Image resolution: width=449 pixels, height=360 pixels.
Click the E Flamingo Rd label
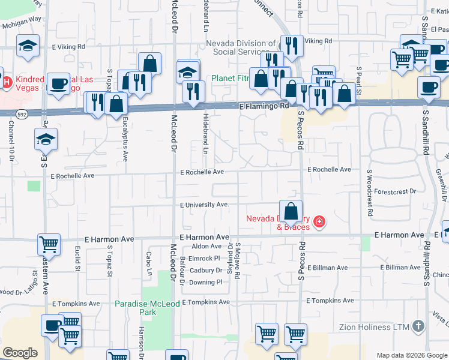(264, 106)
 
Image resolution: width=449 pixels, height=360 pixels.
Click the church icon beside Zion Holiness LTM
(418, 327)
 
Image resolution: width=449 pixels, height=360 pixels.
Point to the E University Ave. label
(205, 205)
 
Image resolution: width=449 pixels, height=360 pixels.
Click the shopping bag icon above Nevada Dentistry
(291, 211)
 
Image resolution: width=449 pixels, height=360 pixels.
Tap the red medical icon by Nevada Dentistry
(319, 223)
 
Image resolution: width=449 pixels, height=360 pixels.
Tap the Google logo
(20, 353)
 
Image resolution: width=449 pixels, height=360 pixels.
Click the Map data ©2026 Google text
(411, 355)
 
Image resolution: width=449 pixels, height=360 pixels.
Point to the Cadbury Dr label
(206, 270)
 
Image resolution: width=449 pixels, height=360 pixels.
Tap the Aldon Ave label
(206, 247)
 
